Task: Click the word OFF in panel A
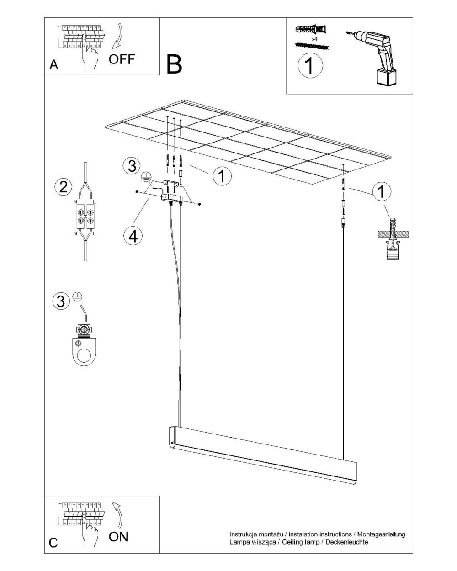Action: [122, 59]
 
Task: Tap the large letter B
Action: [174, 64]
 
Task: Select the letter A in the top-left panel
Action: [53, 64]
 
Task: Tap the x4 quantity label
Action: [314, 39]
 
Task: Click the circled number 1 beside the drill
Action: [310, 65]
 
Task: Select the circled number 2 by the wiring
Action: [63, 187]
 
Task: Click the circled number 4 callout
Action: [133, 236]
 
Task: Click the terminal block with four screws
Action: [85, 217]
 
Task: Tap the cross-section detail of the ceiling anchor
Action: [393, 238]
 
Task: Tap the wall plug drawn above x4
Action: [311, 29]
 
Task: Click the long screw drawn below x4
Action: [312, 47]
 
